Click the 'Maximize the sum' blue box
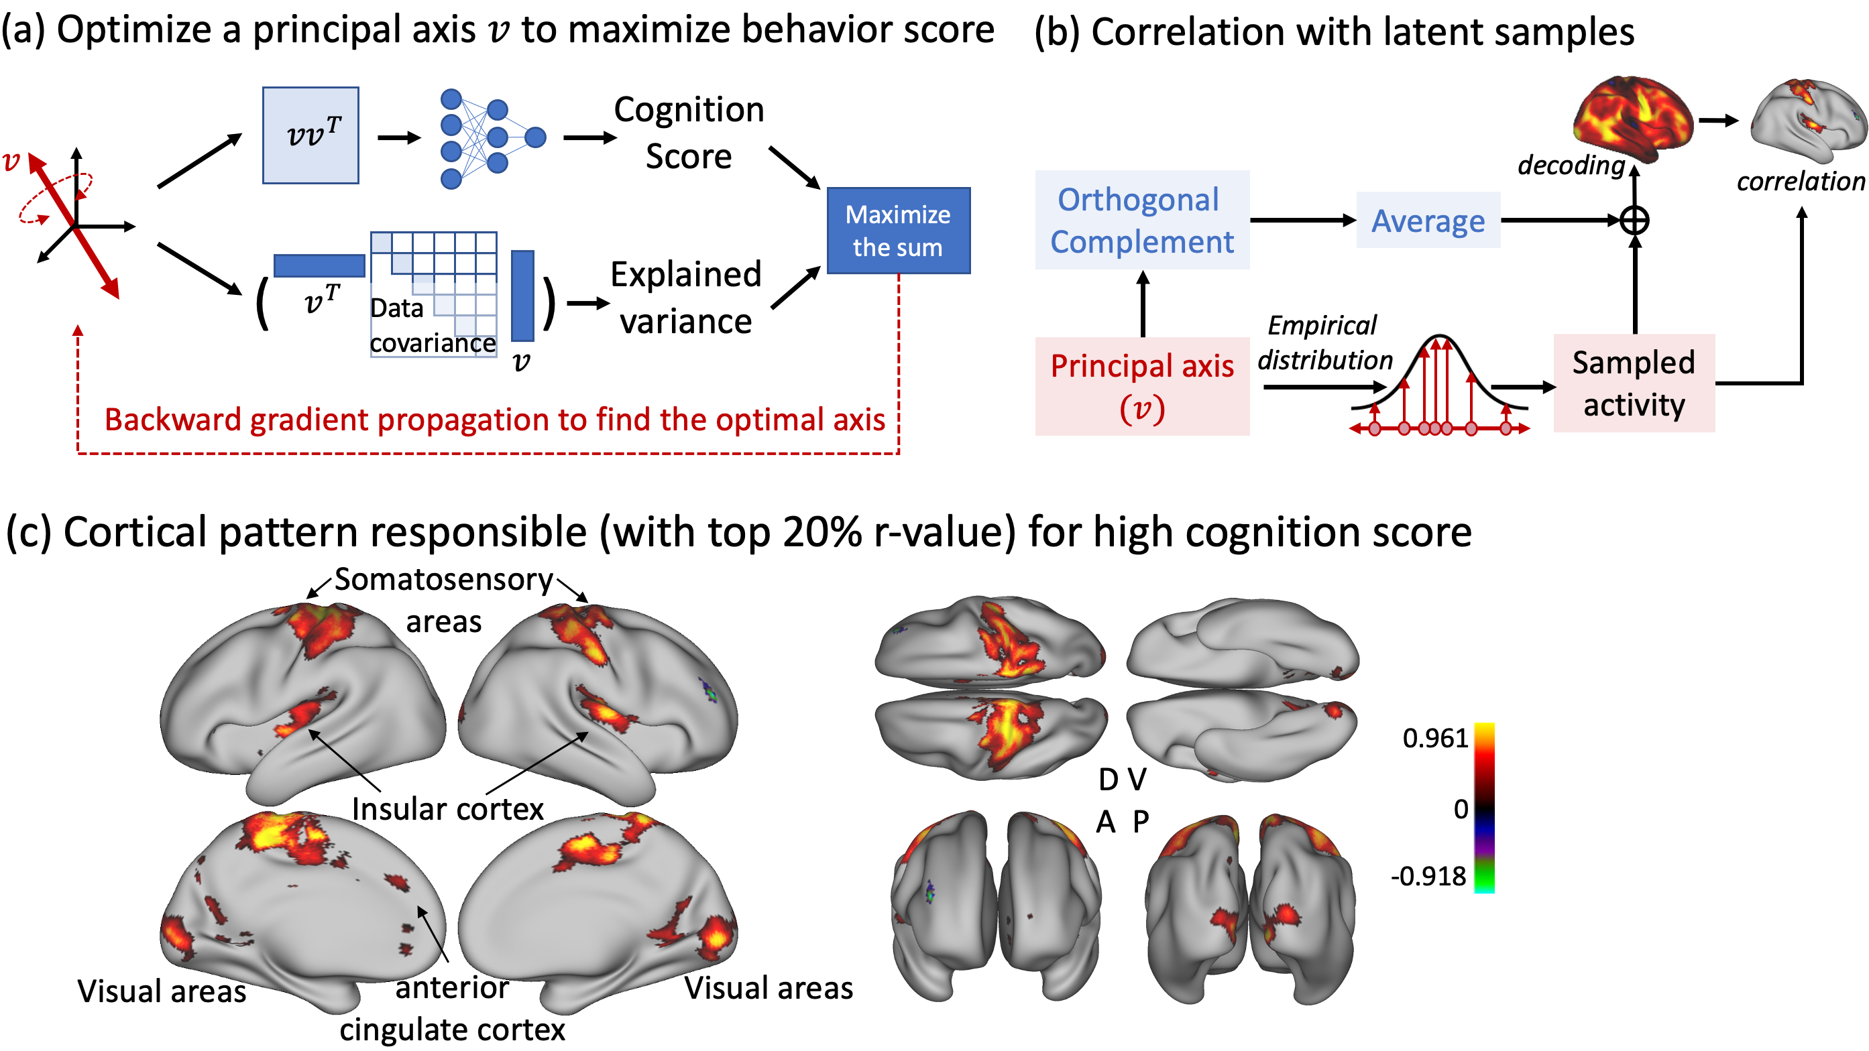tap(898, 231)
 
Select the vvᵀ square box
tap(310, 135)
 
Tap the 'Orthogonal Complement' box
tap(1141, 220)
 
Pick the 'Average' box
tap(1428, 221)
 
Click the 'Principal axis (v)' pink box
tap(1141, 386)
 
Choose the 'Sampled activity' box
tap(1633, 383)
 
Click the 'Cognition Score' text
tap(689, 133)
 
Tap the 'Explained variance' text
tap(685, 298)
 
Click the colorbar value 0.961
tap(1434, 738)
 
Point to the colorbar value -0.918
tap(1428, 876)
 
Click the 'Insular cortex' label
tap(448, 809)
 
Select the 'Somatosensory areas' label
tap(443, 599)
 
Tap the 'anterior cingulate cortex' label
tap(452, 1008)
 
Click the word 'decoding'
tap(1571, 166)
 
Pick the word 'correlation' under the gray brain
tap(1800, 182)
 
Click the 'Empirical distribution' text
tap(1324, 343)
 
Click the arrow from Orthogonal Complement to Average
tap(1302, 220)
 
